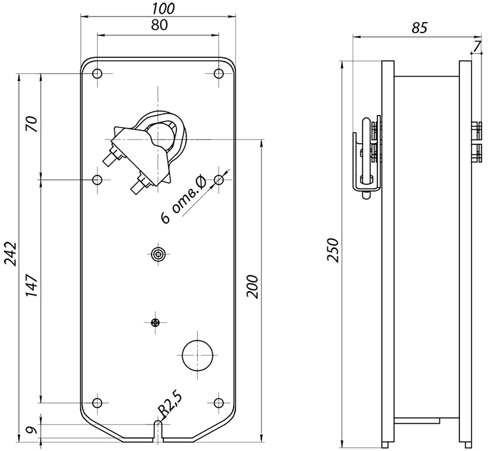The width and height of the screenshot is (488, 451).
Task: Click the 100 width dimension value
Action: click(x=164, y=9)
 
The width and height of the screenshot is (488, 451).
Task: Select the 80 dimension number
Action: click(x=159, y=25)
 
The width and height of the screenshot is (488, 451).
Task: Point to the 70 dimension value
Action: click(x=32, y=124)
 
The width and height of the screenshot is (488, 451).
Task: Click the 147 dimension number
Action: click(x=32, y=285)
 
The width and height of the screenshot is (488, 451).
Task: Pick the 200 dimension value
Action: click(x=252, y=287)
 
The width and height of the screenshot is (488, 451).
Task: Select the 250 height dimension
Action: click(x=332, y=250)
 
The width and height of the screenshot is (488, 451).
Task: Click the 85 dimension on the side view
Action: click(x=419, y=28)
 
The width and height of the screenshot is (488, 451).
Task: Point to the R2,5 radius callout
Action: click(x=170, y=405)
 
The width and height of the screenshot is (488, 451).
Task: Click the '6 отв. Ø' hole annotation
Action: click(x=183, y=200)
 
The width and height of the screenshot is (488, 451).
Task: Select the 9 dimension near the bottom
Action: click(x=32, y=430)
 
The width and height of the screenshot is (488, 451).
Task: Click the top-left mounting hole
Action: click(x=98, y=73)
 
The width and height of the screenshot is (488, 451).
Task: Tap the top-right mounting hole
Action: click(x=219, y=73)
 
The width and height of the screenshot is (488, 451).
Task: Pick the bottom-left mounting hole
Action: click(x=98, y=403)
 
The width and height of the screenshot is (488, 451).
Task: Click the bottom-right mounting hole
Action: click(x=219, y=403)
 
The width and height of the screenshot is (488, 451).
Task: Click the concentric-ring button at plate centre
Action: click(x=159, y=254)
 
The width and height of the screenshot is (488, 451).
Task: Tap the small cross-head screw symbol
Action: click(x=155, y=322)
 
